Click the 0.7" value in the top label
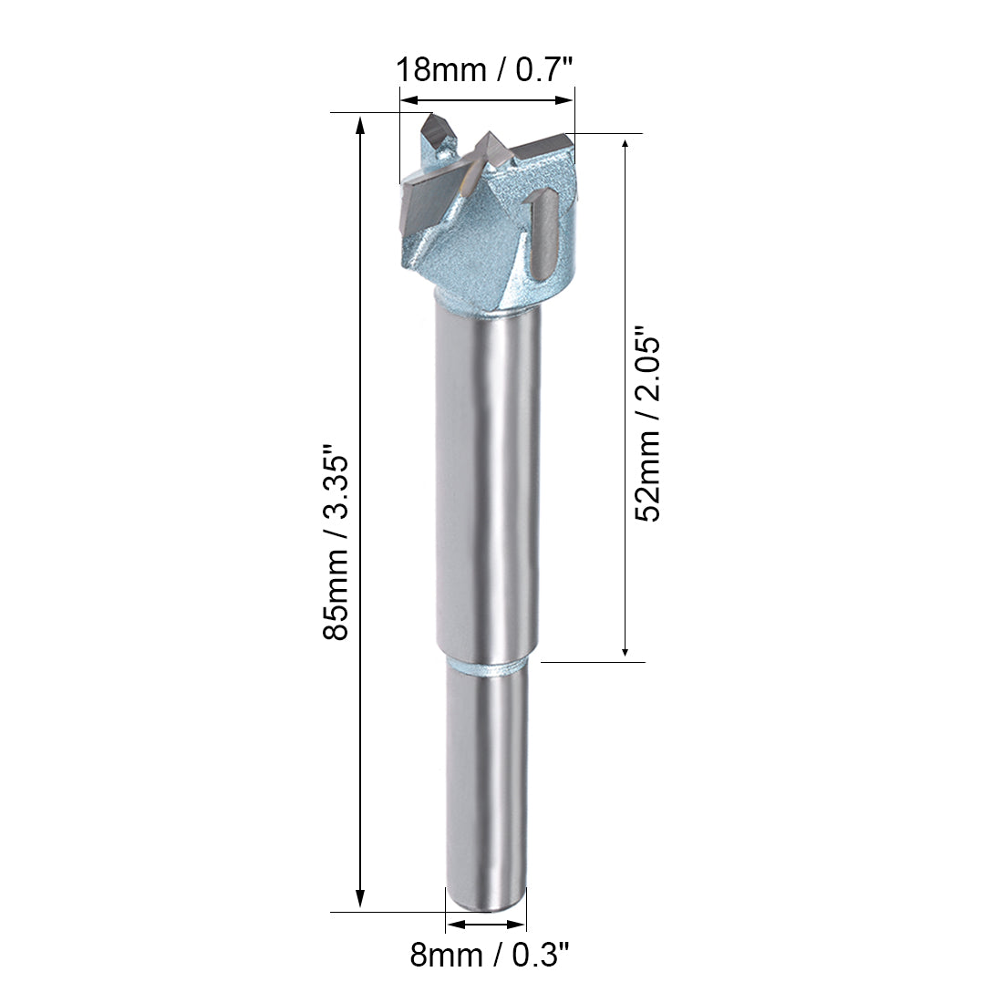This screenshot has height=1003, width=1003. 544,69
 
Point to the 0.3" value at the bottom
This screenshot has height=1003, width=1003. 543,956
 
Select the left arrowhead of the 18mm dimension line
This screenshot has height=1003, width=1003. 408,99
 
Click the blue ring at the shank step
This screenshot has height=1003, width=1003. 487,668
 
